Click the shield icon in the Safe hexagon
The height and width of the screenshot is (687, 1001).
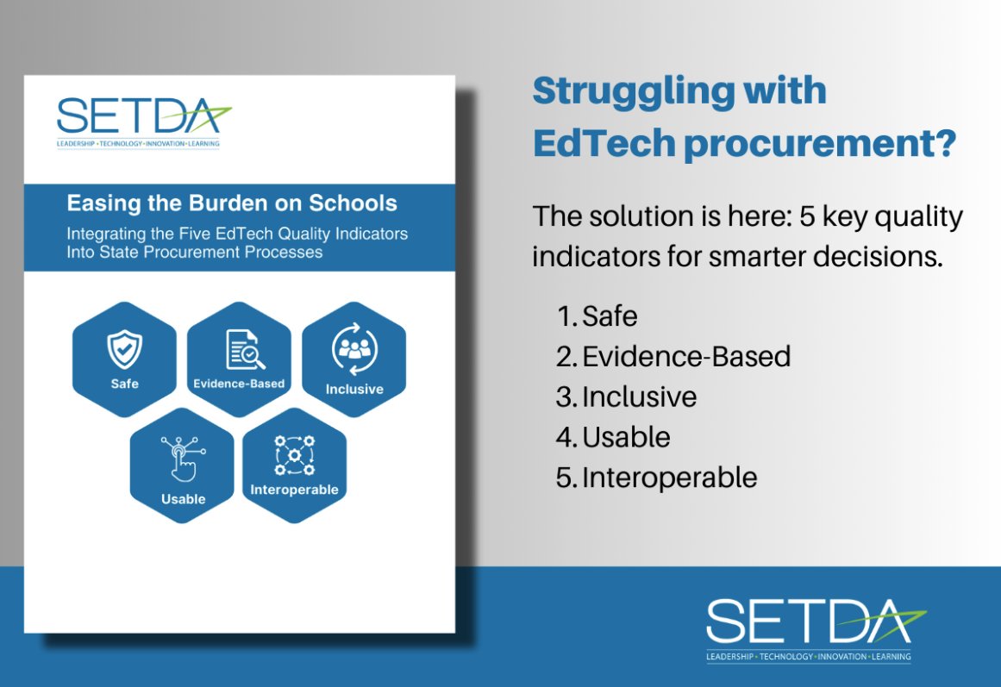(124, 349)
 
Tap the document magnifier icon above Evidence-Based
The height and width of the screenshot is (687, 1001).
(245, 349)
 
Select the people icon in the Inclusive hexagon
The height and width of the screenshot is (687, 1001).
(355, 348)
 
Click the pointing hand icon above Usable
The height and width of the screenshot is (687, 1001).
(184, 459)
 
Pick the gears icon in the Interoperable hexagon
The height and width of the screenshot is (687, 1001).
(294, 455)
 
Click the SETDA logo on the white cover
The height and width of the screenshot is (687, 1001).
(144, 122)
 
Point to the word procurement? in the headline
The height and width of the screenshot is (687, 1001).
(820, 143)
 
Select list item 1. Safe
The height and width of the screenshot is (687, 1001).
(597, 316)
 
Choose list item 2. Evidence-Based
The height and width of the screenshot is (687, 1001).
(673, 357)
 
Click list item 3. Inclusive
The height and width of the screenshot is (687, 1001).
(626, 397)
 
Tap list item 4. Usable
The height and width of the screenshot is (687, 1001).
(613, 437)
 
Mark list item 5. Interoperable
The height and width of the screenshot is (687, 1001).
(656, 478)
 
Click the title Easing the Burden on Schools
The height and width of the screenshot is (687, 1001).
(232, 203)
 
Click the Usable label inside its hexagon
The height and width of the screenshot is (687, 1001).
(184, 499)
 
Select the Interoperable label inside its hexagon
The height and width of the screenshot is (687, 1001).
(294, 490)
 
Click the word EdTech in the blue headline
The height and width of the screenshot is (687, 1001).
(604, 143)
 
